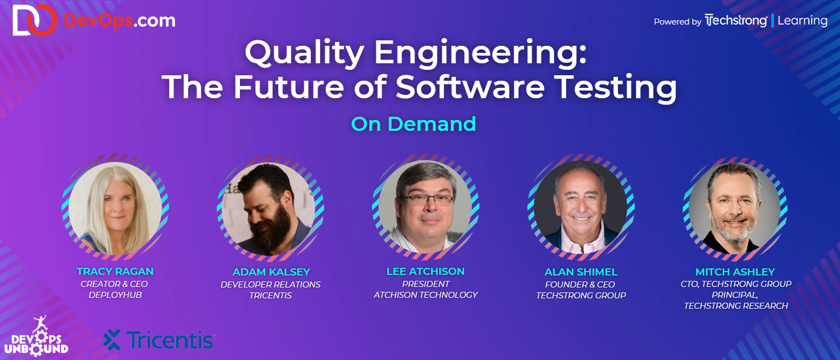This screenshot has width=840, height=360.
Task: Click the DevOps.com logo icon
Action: (34, 20)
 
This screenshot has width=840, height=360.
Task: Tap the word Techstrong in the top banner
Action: (736, 20)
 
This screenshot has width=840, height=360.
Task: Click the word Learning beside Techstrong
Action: (802, 21)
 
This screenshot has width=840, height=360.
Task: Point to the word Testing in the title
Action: (615, 88)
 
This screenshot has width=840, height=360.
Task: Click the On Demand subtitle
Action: (413, 124)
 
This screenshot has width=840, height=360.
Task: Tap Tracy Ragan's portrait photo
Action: (115, 208)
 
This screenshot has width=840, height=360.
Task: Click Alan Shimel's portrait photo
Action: (580, 207)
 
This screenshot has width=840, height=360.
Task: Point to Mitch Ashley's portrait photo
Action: (735, 208)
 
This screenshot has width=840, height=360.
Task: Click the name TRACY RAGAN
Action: (115, 272)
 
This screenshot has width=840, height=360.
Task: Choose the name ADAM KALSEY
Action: (271, 272)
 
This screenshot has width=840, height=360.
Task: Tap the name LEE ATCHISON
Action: (425, 272)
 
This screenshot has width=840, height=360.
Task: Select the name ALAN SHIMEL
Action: (581, 272)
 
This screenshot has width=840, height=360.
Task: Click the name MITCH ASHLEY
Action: (735, 272)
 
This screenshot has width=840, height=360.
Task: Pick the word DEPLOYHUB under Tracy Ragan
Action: (115, 295)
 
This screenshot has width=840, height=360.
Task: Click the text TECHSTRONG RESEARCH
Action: (736, 306)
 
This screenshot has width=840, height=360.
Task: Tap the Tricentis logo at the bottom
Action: (159, 340)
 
